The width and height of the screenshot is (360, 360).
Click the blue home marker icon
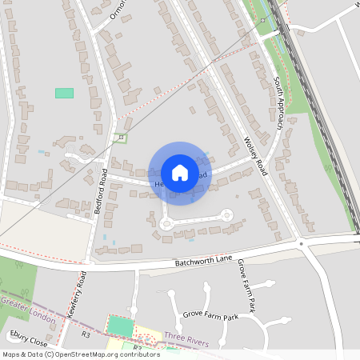tap(180, 173)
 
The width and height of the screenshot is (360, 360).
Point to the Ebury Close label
tap(25, 336)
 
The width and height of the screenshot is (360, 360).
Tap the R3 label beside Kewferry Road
tap(86, 334)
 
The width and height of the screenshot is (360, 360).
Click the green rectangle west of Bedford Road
tap(64, 93)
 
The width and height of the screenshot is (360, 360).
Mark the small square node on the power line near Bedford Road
tap(121, 138)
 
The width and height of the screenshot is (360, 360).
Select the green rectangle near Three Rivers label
tap(120, 326)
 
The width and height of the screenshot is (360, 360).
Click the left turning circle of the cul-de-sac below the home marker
tap(166, 224)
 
